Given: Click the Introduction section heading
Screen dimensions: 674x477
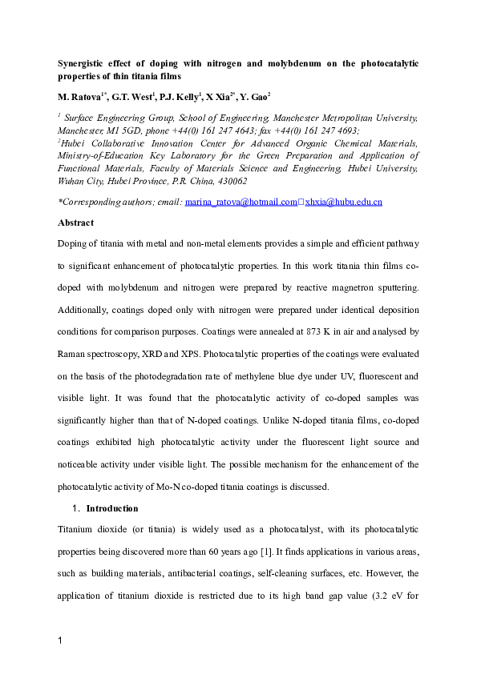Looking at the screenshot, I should coord(111,508).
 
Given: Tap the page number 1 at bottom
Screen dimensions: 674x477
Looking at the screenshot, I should coord(60,640).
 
